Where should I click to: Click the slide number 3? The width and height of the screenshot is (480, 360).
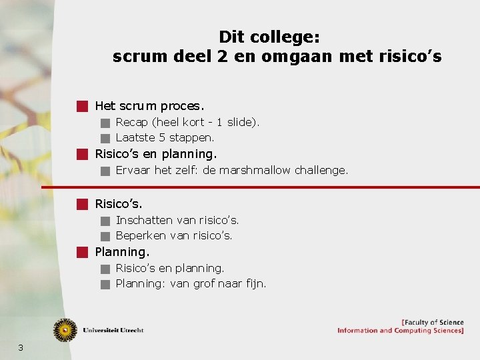coord(21,347)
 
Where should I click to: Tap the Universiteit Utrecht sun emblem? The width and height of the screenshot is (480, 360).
coord(65,330)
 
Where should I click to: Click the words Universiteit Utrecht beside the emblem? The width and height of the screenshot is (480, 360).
coord(113,330)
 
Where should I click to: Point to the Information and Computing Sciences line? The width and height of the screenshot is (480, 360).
coord(400,331)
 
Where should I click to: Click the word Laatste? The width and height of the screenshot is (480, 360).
coord(133,138)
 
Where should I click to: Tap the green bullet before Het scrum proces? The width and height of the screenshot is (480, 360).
coord(82,106)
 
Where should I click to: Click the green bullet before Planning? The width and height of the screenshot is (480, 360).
coord(82,252)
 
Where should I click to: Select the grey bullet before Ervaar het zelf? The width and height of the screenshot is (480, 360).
coord(105,171)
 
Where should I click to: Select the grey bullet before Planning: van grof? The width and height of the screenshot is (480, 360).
coord(105,285)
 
